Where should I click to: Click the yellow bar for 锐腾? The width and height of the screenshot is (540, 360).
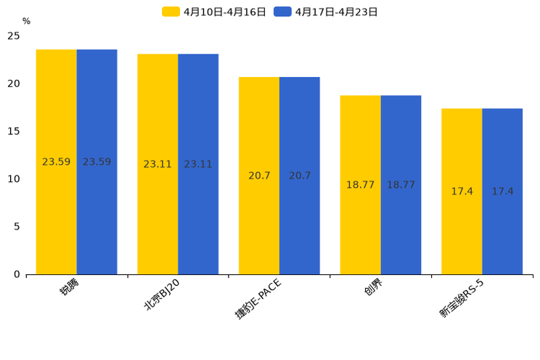click(x=56, y=162)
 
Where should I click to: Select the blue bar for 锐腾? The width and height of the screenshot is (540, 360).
click(x=97, y=162)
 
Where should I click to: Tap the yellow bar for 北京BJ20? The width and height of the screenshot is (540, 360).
click(x=157, y=164)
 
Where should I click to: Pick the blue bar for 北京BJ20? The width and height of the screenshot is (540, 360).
click(x=198, y=164)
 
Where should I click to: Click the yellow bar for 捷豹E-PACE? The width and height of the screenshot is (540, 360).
click(x=259, y=176)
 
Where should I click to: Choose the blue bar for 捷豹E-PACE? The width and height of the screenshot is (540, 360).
click(x=300, y=176)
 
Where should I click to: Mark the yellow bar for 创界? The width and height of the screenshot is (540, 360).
click(x=360, y=185)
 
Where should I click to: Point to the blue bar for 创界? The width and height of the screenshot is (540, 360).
click(x=401, y=185)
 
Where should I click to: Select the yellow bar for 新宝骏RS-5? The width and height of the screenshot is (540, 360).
click(x=462, y=192)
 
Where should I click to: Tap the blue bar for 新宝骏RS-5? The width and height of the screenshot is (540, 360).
click(x=502, y=192)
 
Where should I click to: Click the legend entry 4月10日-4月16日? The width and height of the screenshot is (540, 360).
click(x=214, y=12)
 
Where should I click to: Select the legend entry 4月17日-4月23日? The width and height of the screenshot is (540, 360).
click(x=326, y=12)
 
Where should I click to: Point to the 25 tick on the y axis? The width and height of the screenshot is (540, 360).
click(x=14, y=36)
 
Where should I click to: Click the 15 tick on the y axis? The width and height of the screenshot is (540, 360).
click(x=14, y=131)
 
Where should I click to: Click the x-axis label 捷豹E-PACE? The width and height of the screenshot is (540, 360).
click(x=258, y=298)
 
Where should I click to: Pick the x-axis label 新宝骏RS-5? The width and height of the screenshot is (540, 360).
click(x=462, y=298)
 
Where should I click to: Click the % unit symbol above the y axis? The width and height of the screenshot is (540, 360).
click(x=26, y=22)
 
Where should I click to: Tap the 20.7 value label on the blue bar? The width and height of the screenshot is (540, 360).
click(x=300, y=176)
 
